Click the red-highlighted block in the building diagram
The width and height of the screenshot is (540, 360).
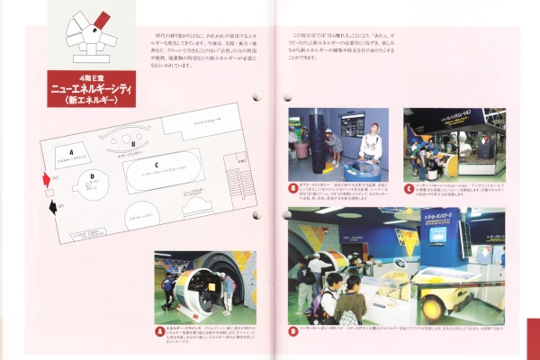coord(102,19)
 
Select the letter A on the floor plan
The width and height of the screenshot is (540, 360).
coord(70,152)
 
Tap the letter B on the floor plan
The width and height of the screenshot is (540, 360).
coord(132,142)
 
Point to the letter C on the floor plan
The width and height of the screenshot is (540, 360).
coord(156,166)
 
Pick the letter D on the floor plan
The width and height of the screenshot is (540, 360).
coord(92,177)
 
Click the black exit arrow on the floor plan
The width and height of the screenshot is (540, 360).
coord(51,207)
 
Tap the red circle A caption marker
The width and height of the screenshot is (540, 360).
coord(160,332)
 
